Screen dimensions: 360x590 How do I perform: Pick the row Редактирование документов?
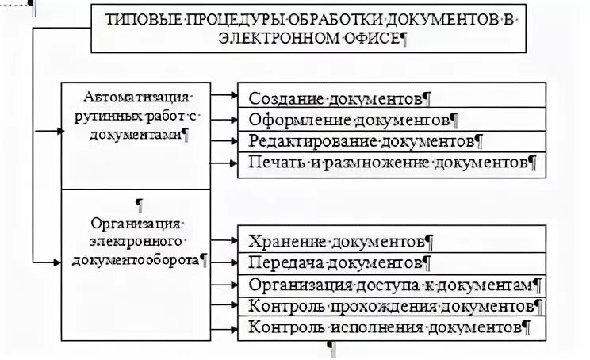point(366,143)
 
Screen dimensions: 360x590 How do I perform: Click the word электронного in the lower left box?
point(136,240)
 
